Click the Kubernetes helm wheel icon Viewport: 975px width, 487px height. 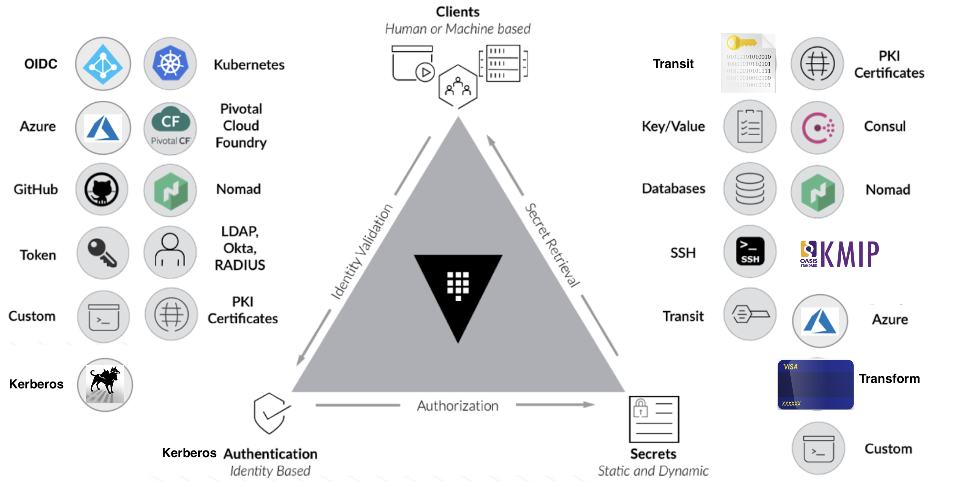pos(170,64)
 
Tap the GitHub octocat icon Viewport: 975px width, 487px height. pos(102,189)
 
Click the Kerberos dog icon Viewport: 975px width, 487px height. pos(105,384)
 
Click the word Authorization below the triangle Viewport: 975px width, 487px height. pos(457,406)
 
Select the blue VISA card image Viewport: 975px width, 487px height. pos(815,384)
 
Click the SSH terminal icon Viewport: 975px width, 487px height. pos(750,252)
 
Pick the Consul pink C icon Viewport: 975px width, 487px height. pos(817,128)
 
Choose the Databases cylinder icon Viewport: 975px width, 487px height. pos(750,189)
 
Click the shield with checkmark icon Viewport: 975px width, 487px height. pos(270,414)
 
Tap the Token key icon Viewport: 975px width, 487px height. pos(103,253)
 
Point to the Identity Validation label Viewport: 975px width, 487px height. pos(362,252)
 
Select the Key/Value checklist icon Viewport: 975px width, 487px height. pos(750,126)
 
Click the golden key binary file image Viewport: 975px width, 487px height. pos(748,63)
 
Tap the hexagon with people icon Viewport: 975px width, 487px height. pos(458,86)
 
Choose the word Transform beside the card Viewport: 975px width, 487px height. pos(889,378)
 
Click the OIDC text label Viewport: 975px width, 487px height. pos(41,64)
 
